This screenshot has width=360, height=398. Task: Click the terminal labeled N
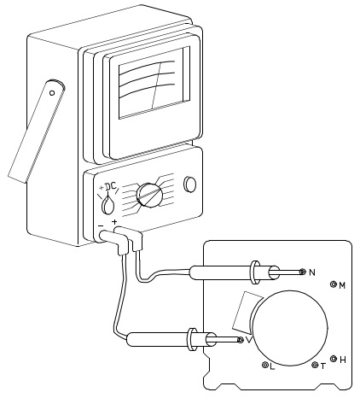tap(303, 272)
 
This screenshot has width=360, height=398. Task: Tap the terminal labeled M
tap(334, 284)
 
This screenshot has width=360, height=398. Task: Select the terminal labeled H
tap(334, 359)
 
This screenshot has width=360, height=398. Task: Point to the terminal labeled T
tap(315, 365)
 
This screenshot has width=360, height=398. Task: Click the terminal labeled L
tap(265, 365)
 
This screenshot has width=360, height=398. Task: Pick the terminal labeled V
tap(241, 340)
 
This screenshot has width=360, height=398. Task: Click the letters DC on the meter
tap(111, 186)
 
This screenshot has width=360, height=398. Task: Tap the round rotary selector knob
tap(149, 196)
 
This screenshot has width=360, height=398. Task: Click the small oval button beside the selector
tap(190, 184)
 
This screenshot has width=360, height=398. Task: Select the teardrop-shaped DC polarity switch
tap(107, 204)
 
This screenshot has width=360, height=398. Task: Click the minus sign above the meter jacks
tap(101, 225)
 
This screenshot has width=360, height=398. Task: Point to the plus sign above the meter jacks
tap(114, 221)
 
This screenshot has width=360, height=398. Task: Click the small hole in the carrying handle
tap(52, 93)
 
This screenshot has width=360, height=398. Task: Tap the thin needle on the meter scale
tap(156, 85)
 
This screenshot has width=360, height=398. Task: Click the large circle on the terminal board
tap(290, 328)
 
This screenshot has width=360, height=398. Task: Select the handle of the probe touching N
tap(224, 272)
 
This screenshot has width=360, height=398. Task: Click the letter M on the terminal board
tap(342, 285)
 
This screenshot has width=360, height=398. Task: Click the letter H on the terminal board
tap(343, 360)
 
